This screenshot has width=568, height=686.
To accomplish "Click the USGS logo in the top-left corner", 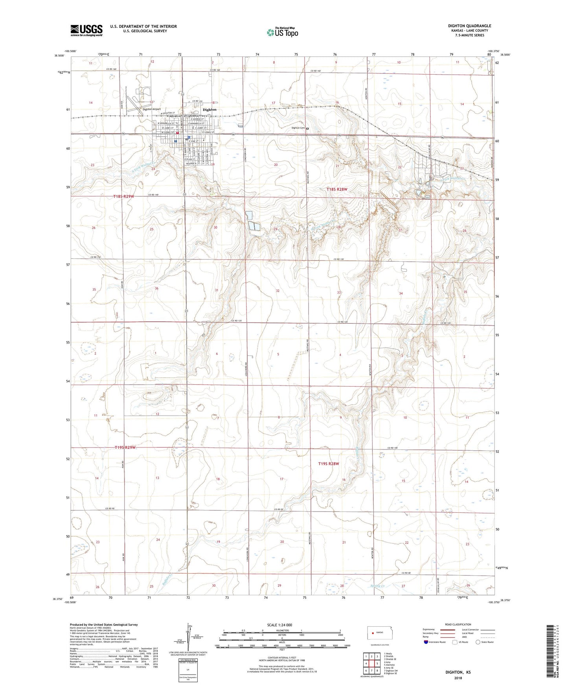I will pos(86,30).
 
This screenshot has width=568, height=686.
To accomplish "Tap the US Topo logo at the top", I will pos(282,32).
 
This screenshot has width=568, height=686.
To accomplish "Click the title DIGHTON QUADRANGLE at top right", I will pos(469,26).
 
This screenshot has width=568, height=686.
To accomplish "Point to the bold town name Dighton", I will pos(210,110).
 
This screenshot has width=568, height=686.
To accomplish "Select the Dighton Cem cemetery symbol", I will pos(307,128).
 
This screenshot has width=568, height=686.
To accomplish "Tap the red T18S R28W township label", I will pos(337,189).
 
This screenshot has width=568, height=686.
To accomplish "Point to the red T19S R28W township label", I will pos(329,464).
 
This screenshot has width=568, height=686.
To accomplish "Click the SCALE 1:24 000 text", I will pos(279,625).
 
